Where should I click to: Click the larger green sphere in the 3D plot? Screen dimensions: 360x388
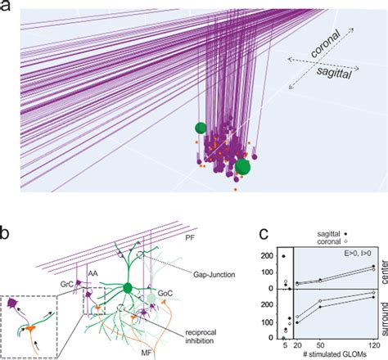(x=242, y=169)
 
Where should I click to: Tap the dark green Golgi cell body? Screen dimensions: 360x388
(x=128, y=288)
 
